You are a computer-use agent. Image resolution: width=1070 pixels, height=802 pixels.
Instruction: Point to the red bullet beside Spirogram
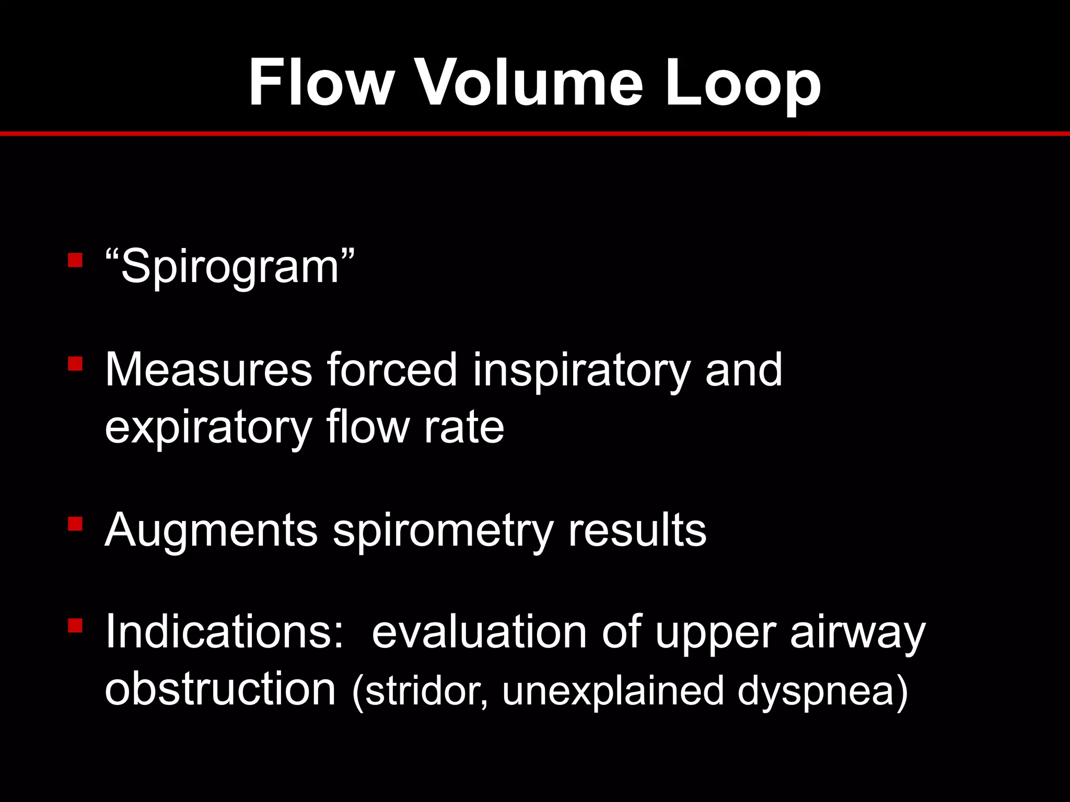[75, 260]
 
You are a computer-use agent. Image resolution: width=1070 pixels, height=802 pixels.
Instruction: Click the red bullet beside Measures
[75, 363]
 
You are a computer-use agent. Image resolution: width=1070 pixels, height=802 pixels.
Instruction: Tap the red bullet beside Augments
[75, 523]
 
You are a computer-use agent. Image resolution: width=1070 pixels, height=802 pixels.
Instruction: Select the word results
[637, 530]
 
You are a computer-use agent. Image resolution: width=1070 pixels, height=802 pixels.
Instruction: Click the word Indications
[225, 632]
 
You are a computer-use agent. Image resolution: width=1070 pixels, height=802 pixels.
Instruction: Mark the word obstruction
[220, 689]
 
